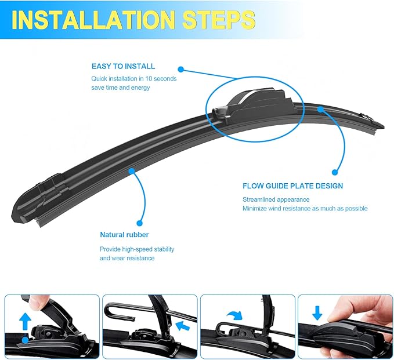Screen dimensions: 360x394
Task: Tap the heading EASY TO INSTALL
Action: click(123, 67)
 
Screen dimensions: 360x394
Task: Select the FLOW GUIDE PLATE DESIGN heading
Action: click(292, 186)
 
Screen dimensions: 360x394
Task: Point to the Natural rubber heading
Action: click(124, 235)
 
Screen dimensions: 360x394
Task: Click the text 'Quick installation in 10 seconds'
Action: click(134, 78)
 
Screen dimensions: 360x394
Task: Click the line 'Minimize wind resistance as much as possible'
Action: click(305, 209)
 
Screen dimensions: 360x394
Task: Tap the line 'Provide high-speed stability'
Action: click(137, 249)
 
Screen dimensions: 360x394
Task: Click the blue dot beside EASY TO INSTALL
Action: click(180, 68)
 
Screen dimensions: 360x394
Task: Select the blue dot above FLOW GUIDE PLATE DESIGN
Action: click(335, 172)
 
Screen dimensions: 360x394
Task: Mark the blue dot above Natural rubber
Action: click(139, 221)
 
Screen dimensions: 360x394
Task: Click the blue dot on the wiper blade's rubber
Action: click(132, 172)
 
